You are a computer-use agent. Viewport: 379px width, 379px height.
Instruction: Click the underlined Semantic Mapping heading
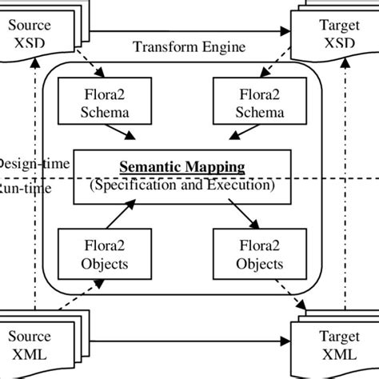tap(182, 168)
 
